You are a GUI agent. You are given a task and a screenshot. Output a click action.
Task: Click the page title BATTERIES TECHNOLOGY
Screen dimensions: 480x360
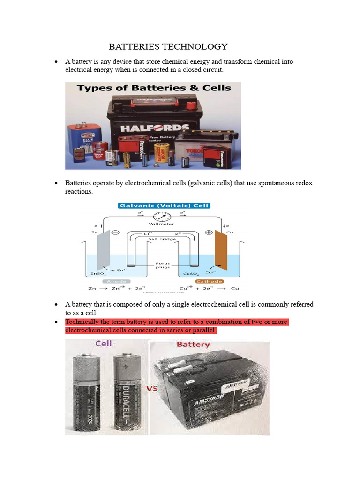click(x=168, y=46)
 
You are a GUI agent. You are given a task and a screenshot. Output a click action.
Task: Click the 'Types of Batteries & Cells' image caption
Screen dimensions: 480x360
click(x=154, y=88)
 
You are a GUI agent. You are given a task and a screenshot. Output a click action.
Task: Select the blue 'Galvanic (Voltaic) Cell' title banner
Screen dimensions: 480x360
click(x=164, y=205)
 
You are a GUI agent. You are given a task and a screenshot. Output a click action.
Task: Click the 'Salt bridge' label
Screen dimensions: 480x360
click(x=162, y=239)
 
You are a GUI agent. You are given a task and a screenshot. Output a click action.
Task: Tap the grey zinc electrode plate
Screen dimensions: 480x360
click(x=104, y=248)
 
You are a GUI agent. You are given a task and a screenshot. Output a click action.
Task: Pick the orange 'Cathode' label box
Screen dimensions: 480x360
click(x=209, y=281)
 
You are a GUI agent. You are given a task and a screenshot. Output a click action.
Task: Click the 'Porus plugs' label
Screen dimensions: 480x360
click(x=162, y=266)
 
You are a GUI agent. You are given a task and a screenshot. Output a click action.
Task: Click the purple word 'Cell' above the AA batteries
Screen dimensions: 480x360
click(x=104, y=344)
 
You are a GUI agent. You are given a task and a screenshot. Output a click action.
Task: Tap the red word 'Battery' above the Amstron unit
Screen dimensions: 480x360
click(x=193, y=345)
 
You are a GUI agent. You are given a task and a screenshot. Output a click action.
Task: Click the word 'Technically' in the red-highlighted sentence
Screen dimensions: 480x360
click(x=82, y=322)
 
